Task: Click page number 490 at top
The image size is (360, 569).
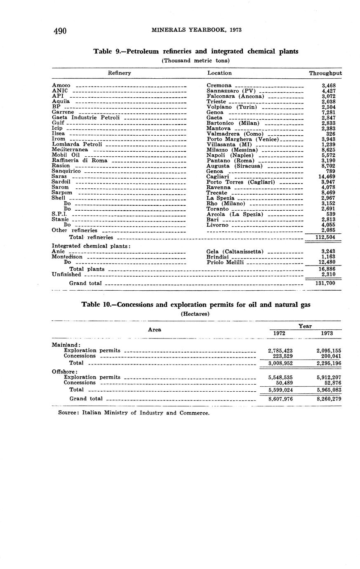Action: (x=60, y=31)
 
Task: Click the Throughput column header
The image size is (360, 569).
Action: (x=325, y=73)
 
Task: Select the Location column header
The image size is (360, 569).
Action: (x=219, y=73)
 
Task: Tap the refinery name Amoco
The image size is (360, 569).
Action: (x=61, y=85)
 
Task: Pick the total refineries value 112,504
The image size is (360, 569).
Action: (x=325, y=237)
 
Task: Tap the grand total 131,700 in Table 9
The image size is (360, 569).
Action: (x=325, y=283)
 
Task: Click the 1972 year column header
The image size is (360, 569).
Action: (x=280, y=333)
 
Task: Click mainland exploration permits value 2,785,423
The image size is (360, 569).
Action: (x=280, y=350)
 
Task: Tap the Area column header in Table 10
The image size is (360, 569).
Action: (x=155, y=329)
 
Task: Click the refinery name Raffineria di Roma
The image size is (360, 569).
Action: (x=80, y=160)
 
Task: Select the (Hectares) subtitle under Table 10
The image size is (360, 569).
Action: (x=195, y=314)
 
